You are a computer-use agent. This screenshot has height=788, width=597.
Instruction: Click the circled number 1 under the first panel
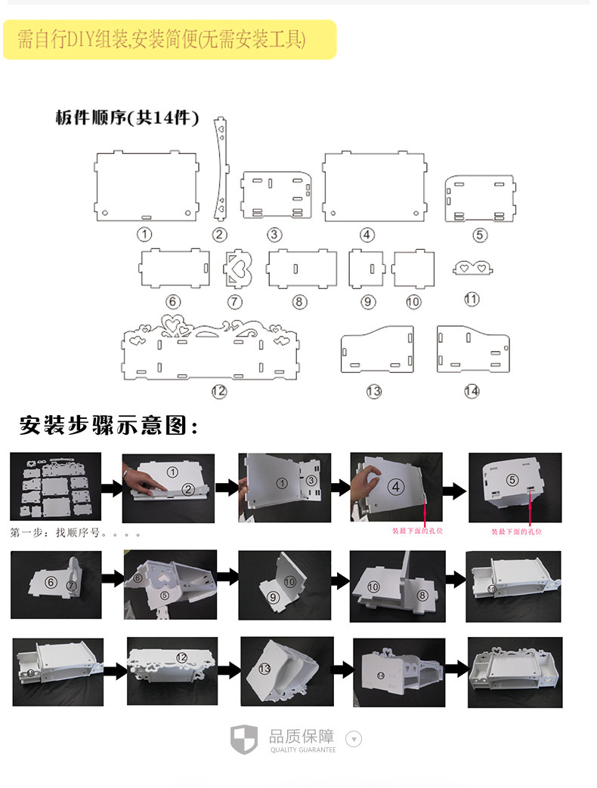[144, 234]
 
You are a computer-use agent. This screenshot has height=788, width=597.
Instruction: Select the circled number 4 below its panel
[367, 235]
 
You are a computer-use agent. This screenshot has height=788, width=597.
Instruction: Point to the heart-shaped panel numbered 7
[237, 269]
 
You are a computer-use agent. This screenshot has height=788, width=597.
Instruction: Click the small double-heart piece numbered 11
[472, 267]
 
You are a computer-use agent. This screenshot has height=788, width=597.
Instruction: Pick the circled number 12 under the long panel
[219, 391]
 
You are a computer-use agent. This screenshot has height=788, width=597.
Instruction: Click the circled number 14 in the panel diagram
[472, 391]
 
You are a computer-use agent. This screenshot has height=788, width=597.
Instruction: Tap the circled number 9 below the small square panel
[368, 301]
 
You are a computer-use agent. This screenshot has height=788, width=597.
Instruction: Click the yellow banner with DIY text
[169, 39]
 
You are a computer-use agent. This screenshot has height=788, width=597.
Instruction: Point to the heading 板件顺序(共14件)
[127, 118]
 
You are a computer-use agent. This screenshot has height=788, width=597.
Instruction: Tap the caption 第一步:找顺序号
[76, 533]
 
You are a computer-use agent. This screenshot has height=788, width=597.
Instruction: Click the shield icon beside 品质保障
[244, 737]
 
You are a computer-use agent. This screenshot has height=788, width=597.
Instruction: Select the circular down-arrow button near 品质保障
[353, 738]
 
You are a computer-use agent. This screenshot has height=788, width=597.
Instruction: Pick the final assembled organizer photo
[514, 673]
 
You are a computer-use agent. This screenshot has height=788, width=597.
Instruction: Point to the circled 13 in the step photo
[264, 669]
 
